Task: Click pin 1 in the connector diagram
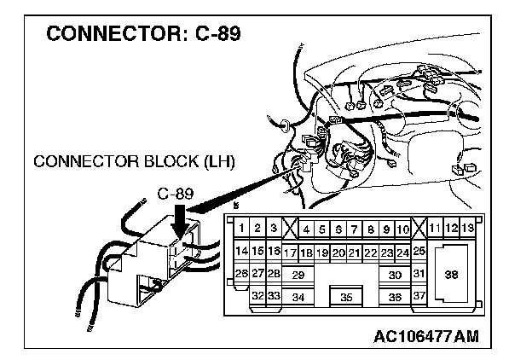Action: coord(242,229)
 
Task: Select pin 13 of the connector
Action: coord(468,228)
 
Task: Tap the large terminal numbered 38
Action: coord(451,274)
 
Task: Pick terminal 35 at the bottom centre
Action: coord(345,298)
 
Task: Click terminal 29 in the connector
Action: coord(298,275)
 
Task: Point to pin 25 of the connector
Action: coord(419,252)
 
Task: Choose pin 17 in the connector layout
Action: coord(290,253)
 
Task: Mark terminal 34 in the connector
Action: coord(298,297)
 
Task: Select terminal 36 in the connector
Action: coord(394,297)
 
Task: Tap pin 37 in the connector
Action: coord(419,295)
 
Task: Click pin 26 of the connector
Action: coord(241,273)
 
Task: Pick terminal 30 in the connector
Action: coord(394,275)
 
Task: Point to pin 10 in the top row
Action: coord(403,229)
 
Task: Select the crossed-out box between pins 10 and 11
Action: coord(419,228)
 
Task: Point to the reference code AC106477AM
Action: coord(425,335)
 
